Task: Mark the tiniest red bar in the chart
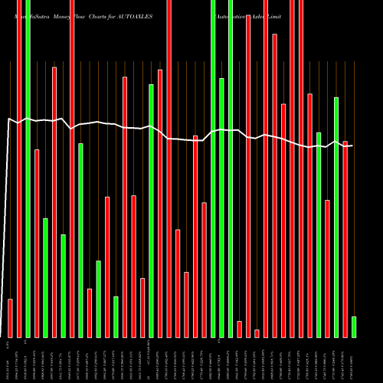(x=257, y=332)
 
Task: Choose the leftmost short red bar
(x=11, y=317)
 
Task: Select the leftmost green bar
(x=28, y=169)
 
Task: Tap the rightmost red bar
(x=345, y=238)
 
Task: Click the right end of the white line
(x=352, y=146)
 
